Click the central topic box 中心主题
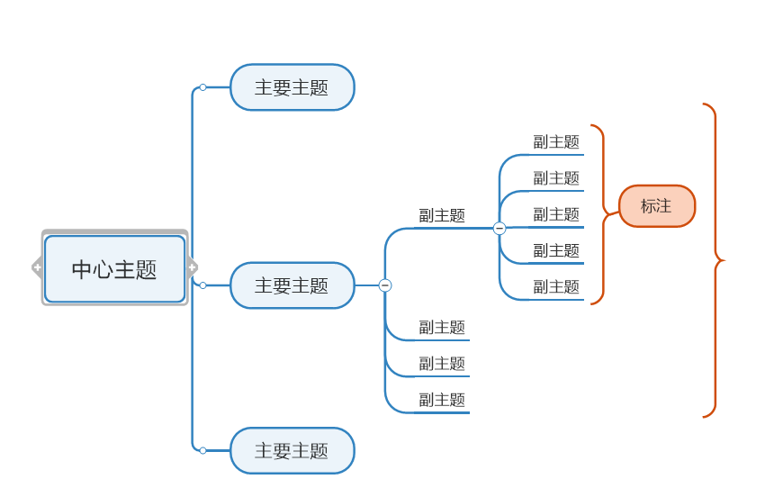tap(114, 268)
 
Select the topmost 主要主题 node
tap(292, 87)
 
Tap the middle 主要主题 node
tap(292, 285)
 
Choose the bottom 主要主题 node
tap(292, 450)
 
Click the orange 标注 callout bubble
tap(657, 206)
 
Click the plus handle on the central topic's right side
tap(192, 267)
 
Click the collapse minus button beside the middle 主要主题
tap(385, 285)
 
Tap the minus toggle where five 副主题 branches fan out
tap(499, 228)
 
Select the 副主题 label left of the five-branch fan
tap(442, 216)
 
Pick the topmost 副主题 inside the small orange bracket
tap(556, 142)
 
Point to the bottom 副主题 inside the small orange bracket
tap(556, 287)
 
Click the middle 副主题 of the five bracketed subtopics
tap(556, 215)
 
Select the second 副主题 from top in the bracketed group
tap(556, 178)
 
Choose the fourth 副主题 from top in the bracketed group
tap(556, 251)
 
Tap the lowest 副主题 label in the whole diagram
tap(442, 400)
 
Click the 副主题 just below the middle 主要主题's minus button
tap(442, 328)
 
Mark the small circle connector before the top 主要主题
tap(202, 87)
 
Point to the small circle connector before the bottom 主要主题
tap(202, 450)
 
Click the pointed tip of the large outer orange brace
tap(724, 260)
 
